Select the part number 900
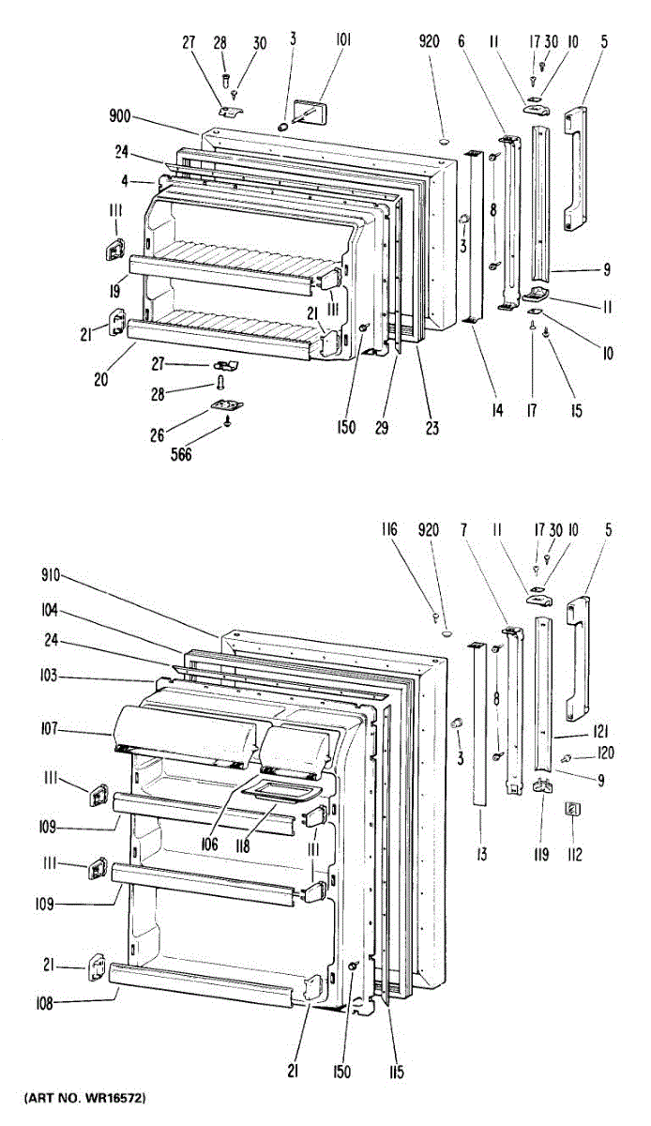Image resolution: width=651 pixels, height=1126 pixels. [119, 117]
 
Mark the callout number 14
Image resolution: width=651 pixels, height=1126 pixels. [497, 409]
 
